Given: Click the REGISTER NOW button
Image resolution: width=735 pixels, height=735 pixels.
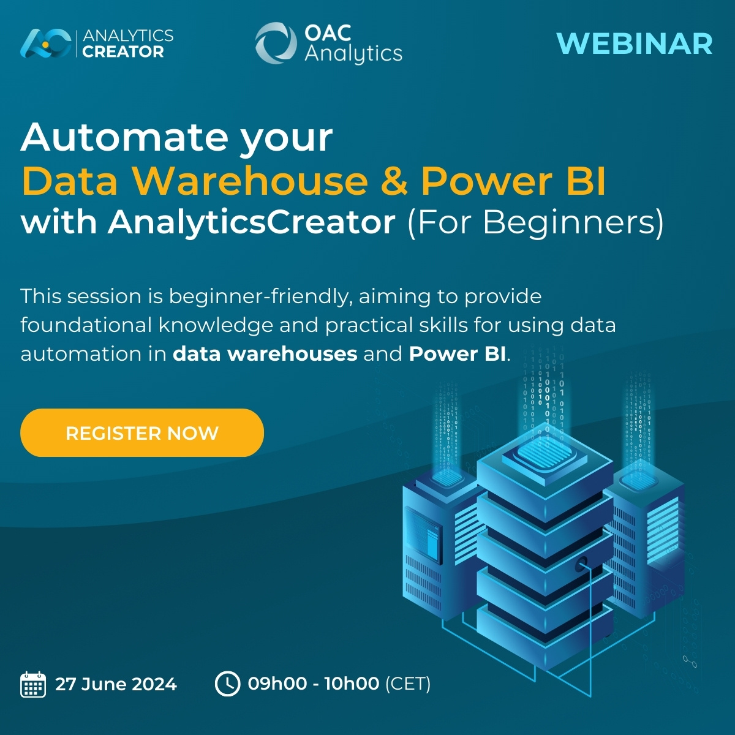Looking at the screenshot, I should [x=142, y=433].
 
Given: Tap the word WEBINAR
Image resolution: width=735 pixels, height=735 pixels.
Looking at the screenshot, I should [x=635, y=44].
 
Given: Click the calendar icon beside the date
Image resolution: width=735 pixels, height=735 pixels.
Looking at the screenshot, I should [x=33, y=684].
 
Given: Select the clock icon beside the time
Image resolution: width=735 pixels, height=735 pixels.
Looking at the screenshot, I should [x=227, y=684].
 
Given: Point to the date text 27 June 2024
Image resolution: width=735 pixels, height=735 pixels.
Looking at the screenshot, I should [x=116, y=684].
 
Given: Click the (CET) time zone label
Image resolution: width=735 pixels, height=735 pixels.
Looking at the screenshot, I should [x=408, y=684].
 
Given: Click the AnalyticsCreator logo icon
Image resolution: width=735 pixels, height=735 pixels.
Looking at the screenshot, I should [x=45, y=43].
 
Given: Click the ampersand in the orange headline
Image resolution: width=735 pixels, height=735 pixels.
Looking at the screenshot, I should [x=394, y=181].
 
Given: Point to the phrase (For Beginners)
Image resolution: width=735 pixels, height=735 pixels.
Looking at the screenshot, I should [x=535, y=222].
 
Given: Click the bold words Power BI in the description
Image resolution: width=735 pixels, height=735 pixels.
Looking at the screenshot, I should [x=457, y=354].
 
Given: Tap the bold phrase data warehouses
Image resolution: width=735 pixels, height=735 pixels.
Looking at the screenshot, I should [x=265, y=354].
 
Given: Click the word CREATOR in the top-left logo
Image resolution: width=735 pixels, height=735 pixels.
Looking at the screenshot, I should [x=123, y=52].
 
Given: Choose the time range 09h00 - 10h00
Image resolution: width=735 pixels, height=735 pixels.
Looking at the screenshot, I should [x=313, y=684].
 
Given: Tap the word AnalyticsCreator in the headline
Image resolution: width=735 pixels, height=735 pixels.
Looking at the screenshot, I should [x=252, y=222].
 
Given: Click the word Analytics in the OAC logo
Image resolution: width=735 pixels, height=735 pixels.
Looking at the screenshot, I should [x=353, y=53].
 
